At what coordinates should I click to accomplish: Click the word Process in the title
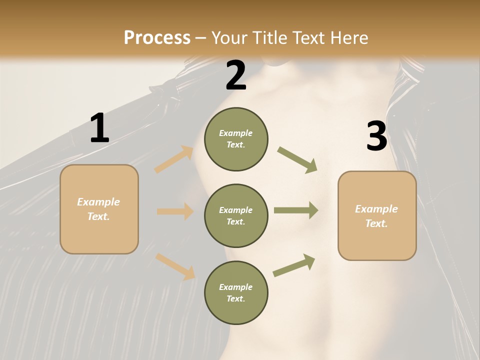point(157,37)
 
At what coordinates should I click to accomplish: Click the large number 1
point(100,127)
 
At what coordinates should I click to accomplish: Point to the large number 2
point(235,75)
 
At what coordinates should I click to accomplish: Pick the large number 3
point(377,135)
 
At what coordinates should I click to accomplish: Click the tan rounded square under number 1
point(99,209)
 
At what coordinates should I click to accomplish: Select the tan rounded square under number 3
point(377,216)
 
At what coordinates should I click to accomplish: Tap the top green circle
point(236,139)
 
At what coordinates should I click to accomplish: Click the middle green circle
point(236,216)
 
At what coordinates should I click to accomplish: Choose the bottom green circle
point(236,292)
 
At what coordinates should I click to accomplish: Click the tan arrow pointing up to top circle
point(174,159)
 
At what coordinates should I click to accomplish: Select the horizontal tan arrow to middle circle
point(175,211)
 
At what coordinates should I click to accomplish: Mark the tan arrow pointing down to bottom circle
point(175,266)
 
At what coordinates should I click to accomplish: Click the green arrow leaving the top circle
point(297,160)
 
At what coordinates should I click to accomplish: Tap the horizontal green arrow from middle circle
point(296,210)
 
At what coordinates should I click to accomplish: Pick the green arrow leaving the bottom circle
point(294,265)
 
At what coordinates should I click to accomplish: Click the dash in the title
point(200,39)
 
